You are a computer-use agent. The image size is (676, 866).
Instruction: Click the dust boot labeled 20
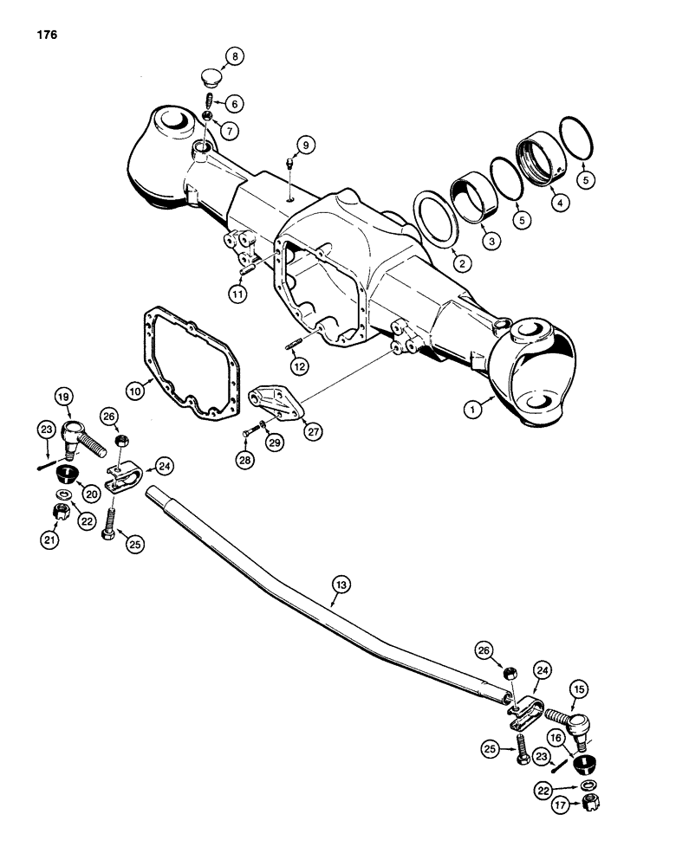click(67, 476)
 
